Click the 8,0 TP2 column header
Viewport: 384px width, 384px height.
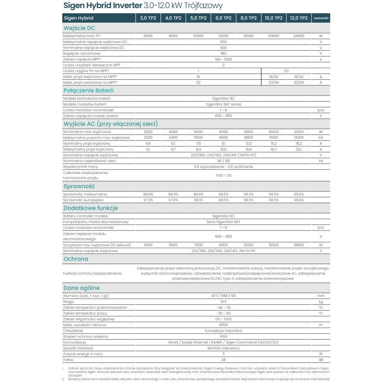coord(248,18)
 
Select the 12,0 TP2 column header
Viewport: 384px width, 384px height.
coord(299,18)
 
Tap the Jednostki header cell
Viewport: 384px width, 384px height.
coord(320,18)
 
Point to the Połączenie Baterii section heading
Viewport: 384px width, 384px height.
coord(88,90)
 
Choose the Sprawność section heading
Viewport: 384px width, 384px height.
coord(79,186)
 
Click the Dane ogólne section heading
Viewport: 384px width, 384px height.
coord(81,288)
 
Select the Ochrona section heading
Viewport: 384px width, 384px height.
coord(76,259)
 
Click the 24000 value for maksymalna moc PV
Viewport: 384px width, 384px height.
coord(299,36)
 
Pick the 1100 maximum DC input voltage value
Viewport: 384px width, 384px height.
coord(223,42)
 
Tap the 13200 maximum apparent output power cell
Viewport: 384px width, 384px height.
coord(299,138)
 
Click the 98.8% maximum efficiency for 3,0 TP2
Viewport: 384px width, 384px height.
coord(148,194)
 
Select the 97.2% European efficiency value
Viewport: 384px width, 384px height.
coord(148,200)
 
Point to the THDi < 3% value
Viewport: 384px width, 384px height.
coord(223,175)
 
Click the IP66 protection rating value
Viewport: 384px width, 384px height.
coord(223,336)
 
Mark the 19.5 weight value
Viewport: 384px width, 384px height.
coord(223,301)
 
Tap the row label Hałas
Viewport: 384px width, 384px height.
coord(68,360)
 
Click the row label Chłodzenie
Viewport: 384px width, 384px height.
coord(73,331)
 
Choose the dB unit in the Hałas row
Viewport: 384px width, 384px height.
coord(320,360)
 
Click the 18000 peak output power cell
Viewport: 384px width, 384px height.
coord(299,245)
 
